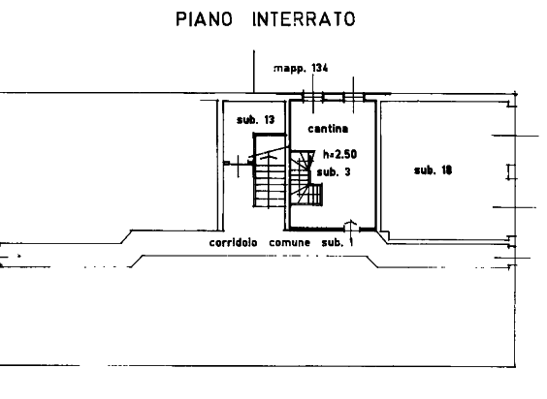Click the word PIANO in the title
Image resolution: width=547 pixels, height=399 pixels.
click(204, 18)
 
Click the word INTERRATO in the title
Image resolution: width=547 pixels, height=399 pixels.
click(304, 18)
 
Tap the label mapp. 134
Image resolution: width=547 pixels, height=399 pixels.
click(301, 68)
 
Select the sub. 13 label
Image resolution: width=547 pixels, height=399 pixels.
click(256, 120)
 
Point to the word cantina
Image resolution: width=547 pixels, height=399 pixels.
click(328, 129)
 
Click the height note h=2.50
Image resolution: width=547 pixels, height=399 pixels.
click(340, 154)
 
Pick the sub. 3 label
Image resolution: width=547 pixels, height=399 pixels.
click(334, 171)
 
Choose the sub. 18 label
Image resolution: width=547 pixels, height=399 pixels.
click(433, 170)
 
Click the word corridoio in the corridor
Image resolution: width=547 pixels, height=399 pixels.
click(234, 242)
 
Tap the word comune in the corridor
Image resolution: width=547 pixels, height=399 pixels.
click(290, 242)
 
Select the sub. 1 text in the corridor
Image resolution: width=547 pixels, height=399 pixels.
click(338, 242)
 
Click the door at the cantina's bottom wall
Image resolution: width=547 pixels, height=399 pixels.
click(351, 227)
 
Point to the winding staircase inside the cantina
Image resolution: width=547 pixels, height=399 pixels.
click(306, 178)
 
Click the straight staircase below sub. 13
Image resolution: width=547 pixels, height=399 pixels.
click(270, 181)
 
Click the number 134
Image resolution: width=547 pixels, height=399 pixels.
click(320, 68)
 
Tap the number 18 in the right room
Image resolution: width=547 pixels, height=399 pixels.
click(447, 170)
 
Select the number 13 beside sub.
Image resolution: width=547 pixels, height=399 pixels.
click(270, 120)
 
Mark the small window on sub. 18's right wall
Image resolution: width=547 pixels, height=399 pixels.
click(512, 172)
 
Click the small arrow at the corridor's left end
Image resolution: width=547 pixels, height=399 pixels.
click(11, 256)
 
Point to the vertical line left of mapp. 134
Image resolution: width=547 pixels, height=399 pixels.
click(253, 72)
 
